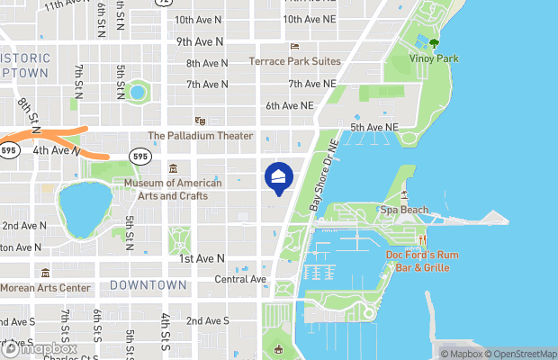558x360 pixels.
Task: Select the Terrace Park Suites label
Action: tap(293, 61)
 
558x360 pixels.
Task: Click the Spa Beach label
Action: tap(403, 210)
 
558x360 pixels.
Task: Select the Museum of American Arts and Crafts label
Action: tap(173, 189)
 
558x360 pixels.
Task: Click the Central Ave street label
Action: tap(240, 279)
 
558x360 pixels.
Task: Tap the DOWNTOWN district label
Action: tap(148, 284)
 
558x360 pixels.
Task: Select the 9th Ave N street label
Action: tap(200, 41)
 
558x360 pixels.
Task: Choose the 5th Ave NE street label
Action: tap(373, 128)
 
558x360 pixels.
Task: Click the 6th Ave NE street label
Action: tap(289, 105)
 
